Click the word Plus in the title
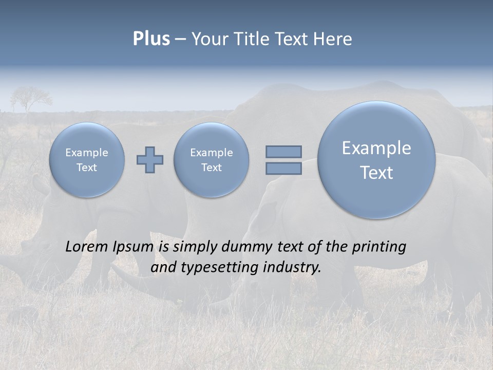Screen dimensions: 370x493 151,39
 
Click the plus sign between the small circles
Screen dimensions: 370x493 150,160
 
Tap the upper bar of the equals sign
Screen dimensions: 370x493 283,152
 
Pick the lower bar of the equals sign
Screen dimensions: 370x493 283,168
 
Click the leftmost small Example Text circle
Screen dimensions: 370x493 87,160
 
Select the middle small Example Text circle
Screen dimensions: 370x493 211,160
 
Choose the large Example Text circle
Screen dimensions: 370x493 376,160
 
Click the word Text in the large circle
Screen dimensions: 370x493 376,173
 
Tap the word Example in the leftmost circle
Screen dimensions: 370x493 87,153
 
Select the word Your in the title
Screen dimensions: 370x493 208,39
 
